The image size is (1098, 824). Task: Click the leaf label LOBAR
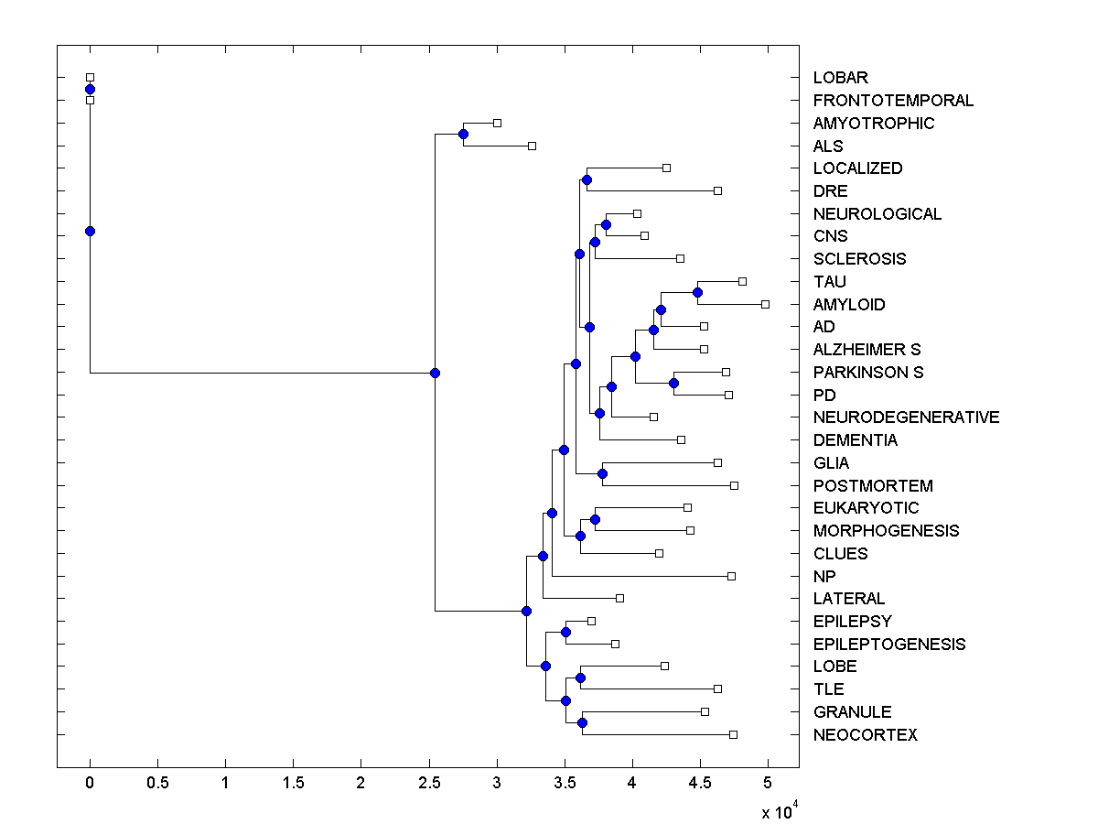[840, 78]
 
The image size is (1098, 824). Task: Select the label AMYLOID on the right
[848, 304]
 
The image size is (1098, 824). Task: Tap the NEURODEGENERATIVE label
[906, 417]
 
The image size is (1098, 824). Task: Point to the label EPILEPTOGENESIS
[888, 644]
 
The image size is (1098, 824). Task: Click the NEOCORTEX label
[865, 734]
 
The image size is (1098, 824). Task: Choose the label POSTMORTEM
[873, 485]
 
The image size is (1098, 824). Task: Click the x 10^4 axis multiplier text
[780, 810]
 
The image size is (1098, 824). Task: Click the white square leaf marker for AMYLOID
[766, 304]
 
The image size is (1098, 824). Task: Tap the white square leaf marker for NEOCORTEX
[733, 734]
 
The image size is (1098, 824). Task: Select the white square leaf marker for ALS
[532, 146]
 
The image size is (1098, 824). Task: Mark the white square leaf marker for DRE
[717, 190]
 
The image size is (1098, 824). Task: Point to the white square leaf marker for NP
[731, 576]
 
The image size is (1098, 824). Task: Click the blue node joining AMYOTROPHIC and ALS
[463, 135]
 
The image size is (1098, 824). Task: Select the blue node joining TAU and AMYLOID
[697, 292]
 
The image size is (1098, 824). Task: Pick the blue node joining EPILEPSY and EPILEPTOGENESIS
[565, 632]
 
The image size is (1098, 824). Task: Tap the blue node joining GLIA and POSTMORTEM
[602, 473]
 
